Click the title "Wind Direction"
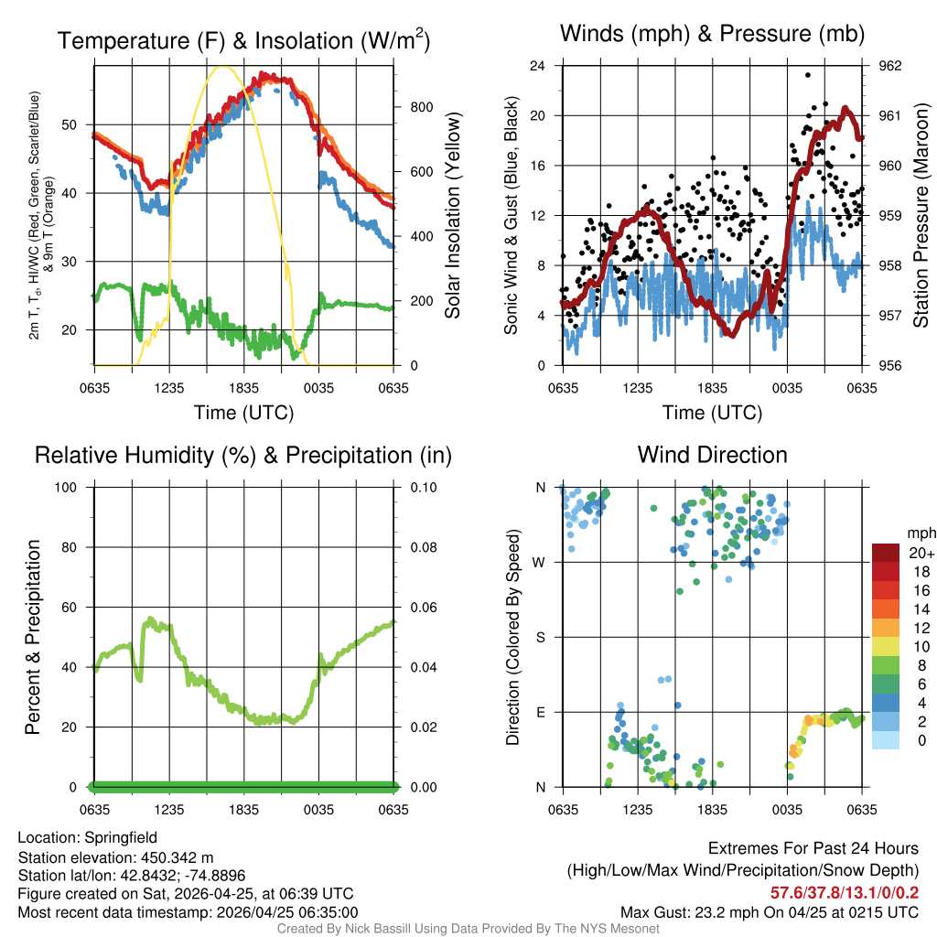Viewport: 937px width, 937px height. pos(712,455)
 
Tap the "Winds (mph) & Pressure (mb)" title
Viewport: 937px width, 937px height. pos(712,35)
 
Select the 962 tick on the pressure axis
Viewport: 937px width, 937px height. pos(890,66)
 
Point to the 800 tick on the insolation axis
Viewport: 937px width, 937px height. pos(422,107)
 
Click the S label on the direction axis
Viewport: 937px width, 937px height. pos(540,637)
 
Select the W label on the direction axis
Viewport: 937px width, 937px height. pos(540,563)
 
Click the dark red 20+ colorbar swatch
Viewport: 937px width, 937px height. pos(886,553)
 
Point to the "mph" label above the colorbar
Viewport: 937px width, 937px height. pos(918,533)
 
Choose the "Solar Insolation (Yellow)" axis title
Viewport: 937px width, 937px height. pos(452,216)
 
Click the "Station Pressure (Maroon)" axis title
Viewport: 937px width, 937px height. pos(921,216)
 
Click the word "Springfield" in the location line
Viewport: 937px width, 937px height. pos(121,837)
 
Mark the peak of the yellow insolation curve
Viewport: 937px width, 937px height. pos(221,66)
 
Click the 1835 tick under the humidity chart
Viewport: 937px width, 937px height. pos(244,809)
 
